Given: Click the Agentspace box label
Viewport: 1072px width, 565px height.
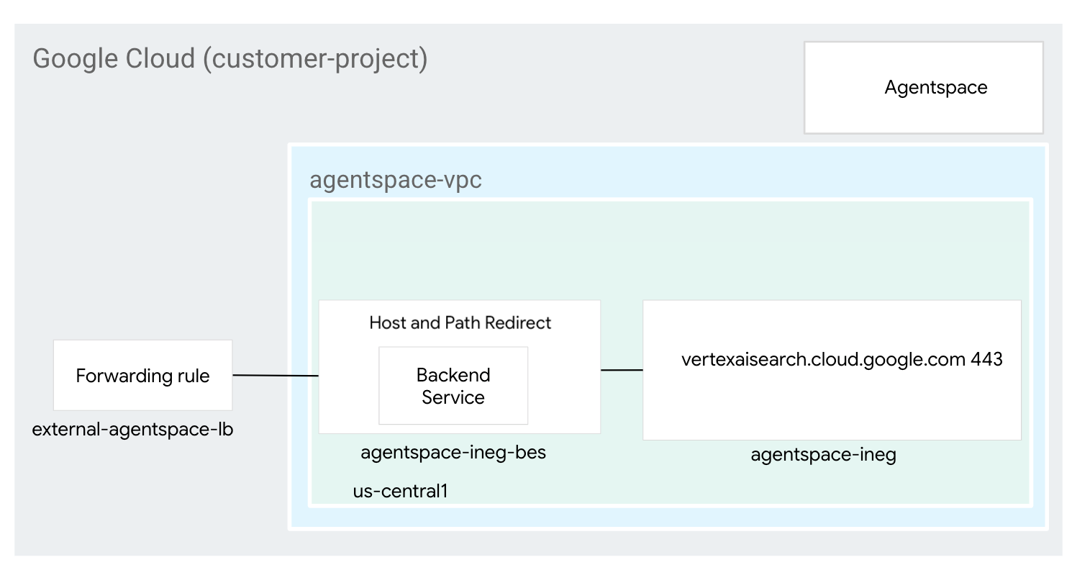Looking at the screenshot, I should pyautogui.click(x=935, y=88).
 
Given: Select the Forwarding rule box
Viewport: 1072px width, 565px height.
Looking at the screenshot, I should pyautogui.click(x=142, y=375).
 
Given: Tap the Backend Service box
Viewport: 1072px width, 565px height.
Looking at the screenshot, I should pyautogui.click(x=453, y=386).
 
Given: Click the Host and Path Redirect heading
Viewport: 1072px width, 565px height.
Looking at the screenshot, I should pyautogui.click(x=460, y=322).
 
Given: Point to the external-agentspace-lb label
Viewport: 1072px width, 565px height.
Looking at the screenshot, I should pyautogui.click(x=132, y=430).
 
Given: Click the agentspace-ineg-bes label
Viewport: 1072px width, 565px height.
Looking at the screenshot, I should pyautogui.click(x=453, y=452).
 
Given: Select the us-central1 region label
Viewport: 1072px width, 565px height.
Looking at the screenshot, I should pyautogui.click(x=400, y=491).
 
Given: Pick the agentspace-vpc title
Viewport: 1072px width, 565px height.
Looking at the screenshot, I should pyautogui.click(x=395, y=180).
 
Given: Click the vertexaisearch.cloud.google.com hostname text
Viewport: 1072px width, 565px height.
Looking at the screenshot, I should pyautogui.click(x=822, y=359).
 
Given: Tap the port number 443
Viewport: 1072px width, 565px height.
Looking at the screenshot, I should pyautogui.click(x=986, y=359).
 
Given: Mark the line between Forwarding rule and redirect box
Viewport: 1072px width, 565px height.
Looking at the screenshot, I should pyautogui.click(x=276, y=375).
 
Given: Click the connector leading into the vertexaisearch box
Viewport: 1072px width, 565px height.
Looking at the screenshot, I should pyautogui.click(x=622, y=370).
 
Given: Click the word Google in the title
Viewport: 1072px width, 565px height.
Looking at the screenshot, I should pyautogui.click(x=76, y=58).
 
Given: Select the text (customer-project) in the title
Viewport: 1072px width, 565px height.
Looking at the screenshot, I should pyautogui.click(x=315, y=58).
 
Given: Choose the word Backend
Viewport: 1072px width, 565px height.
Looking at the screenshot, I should pyautogui.click(x=453, y=375).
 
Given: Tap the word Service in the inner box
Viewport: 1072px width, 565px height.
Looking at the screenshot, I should pyautogui.click(x=453, y=397).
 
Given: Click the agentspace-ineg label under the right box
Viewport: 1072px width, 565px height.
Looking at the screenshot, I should pyautogui.click(x=823, y=455).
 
